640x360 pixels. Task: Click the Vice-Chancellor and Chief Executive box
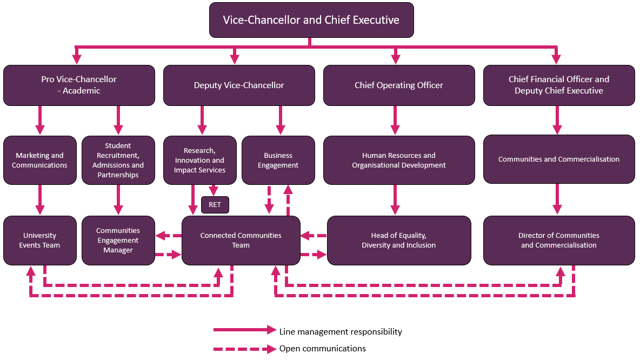(311, 20)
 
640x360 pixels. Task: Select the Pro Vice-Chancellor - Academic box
(79, 85)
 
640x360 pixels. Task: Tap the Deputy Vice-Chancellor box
(239, 85)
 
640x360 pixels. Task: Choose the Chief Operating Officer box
(399, 85)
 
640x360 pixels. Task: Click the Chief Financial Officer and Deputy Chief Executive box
(559, 85)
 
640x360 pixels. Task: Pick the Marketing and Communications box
(40, 160)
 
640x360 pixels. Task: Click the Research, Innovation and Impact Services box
(200, 160)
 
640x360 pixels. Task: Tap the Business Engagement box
(278, 160)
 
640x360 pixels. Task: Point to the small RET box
(215, 205)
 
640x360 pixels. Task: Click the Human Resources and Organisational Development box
(399, 160)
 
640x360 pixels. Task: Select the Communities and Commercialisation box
(559, 159)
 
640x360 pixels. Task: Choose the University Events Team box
(40, 241)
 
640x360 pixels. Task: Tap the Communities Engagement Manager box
(118, 241)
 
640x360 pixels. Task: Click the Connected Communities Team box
(241, 241)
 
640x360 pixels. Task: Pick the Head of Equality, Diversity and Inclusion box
(399, 241)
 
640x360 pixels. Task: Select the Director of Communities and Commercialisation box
(559, 241)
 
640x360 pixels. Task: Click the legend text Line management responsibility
(341, 331)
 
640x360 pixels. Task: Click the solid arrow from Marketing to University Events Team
(40, 200)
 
